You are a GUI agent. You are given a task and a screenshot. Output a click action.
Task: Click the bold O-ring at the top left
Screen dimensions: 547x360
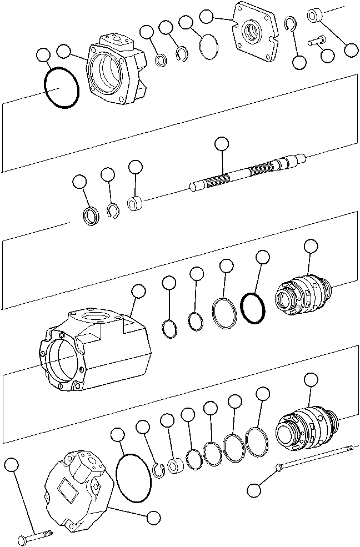click(61, 88)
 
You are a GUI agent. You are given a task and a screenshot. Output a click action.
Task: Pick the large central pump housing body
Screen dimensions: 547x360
click(94, 350)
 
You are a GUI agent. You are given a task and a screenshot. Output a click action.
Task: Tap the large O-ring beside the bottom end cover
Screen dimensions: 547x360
click(134, 477)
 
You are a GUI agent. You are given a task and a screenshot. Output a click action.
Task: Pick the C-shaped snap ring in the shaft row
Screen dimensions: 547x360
click(113, 210)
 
